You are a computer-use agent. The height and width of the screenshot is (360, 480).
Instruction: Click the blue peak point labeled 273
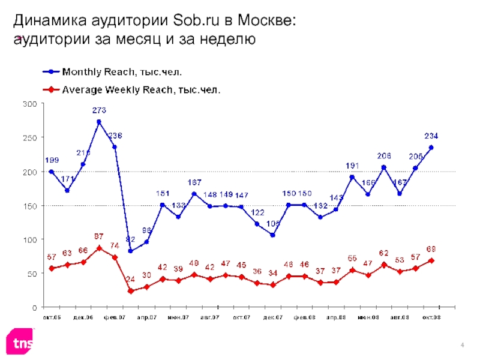pos(99,122)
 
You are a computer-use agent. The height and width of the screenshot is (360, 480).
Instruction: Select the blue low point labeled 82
pos(130,251)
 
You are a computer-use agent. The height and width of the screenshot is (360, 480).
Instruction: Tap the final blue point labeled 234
pos(431,148)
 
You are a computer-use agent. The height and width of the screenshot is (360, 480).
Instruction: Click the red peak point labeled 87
pos(99,248)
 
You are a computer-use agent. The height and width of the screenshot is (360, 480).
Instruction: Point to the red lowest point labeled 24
pos(130,291)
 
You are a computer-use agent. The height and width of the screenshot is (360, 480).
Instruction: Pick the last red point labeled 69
pos(431,260)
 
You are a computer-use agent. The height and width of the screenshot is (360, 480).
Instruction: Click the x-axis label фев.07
pos(114,316)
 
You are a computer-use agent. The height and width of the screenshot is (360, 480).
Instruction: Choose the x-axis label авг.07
pos(209,316)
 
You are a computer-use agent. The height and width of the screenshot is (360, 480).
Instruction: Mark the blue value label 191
pos(352,166)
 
